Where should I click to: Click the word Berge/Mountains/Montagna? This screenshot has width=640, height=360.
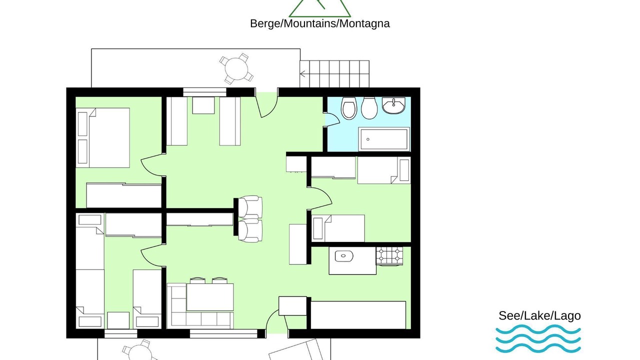point(319,23)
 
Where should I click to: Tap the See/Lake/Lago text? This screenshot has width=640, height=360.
point(539,315)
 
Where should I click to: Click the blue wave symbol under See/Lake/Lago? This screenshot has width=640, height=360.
point(538,338)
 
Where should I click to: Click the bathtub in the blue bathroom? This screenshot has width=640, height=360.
point(383,139)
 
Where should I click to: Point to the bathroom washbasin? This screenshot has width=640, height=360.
point(393,105)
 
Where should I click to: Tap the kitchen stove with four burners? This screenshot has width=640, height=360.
point(389,255)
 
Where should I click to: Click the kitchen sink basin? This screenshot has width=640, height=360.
point(344,256)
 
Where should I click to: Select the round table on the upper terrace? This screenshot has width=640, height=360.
point(236,69)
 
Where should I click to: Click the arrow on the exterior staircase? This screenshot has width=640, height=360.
point(302,74)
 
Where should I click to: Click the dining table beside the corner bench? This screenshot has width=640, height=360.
point(210,297)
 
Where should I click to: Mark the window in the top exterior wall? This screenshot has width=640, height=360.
point(204,92)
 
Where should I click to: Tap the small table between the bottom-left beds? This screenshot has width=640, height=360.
point(118,320)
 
